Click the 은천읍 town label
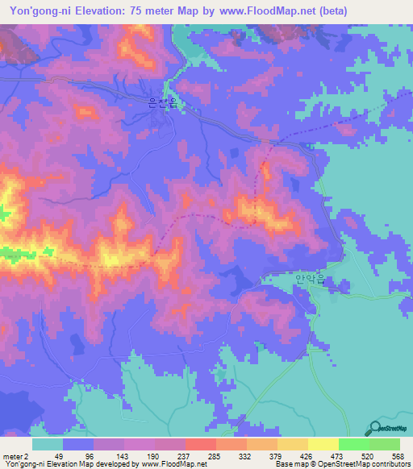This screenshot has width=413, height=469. (162, 102)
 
